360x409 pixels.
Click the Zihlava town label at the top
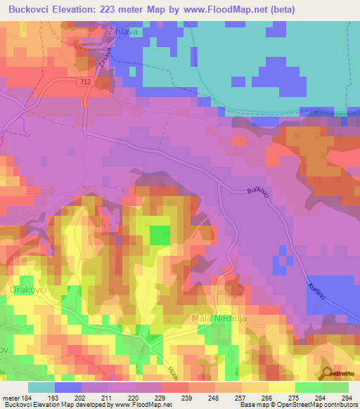[122, 32]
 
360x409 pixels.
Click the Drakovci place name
[28, 289]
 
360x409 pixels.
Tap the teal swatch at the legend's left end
[41, 387]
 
